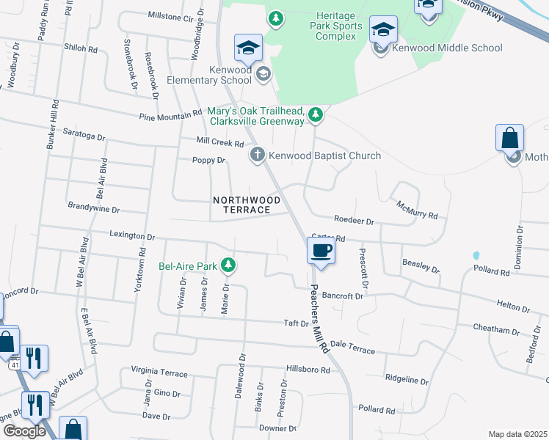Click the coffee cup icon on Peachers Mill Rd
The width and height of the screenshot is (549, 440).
[321, 251]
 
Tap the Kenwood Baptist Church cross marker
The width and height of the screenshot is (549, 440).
[257, 155]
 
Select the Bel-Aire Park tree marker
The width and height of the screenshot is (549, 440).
[229, 265]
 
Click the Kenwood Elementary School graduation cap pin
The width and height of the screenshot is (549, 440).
[249, 48]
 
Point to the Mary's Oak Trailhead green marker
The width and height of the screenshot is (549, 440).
[316, 114]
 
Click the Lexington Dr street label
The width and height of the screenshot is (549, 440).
[133, 237]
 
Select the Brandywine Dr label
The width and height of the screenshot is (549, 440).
[92, 208]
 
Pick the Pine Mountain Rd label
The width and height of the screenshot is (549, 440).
[171, 114]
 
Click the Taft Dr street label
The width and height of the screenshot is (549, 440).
[297, 323]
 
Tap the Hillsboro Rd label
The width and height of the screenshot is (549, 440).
[308, 370]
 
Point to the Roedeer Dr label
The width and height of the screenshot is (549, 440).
[354, 220]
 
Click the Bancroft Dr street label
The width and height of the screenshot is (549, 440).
[342, 296]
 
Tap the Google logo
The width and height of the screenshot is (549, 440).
[24, 431]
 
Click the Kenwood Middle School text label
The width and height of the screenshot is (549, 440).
[448, 48]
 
